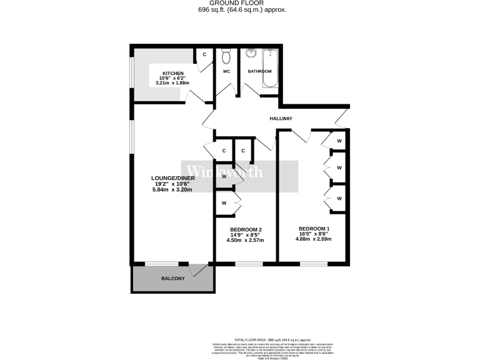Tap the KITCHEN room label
click(172, 72)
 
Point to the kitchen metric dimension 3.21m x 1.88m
click(172, 83)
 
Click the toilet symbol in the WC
click(226, 57)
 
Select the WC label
click(226, 72)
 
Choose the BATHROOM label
click(259, 72)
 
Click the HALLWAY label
click(281, 119)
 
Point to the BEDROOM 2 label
click(246, 229)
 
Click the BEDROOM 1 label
click(313, 228)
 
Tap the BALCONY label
click(173, 278)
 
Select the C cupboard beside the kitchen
click(204, 55)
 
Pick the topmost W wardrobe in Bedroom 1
click(339, 141)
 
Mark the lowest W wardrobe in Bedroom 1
click(339, 198)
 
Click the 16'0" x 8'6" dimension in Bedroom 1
click(313, 234)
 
